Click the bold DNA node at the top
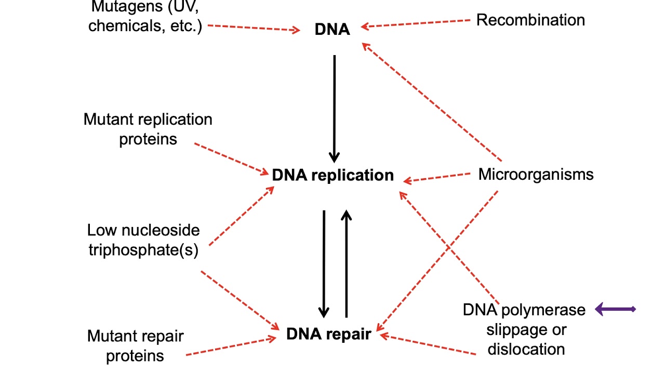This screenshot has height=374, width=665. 332,30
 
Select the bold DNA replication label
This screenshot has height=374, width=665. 332,175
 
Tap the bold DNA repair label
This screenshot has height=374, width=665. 328,334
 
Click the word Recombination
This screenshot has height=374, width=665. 530,20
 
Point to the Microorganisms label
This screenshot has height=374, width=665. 536,174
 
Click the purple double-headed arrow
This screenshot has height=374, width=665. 615,310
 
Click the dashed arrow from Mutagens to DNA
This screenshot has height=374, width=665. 254,28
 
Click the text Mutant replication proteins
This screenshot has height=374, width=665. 148,129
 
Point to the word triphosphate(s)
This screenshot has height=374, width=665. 143,250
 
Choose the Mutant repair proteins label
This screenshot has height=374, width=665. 135,345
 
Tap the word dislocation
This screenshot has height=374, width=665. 526,349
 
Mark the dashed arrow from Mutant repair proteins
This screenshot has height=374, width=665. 231,347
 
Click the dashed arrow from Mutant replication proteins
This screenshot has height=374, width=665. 232,157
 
